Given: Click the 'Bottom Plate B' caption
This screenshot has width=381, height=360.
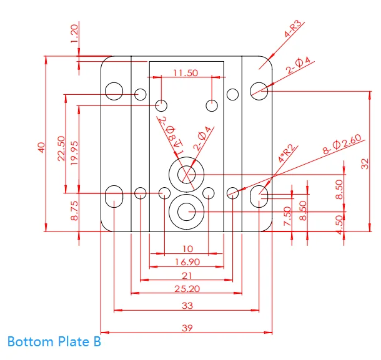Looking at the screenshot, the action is (54, 341).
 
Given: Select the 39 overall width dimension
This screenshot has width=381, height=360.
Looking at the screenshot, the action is (187, 328).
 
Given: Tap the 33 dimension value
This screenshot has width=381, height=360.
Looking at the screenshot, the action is (187, 306).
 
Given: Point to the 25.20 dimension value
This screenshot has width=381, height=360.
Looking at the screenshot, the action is (187, 289).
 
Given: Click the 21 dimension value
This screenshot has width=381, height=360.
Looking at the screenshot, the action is (187, 276).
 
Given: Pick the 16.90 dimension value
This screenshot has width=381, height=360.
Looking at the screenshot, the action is (187, 262).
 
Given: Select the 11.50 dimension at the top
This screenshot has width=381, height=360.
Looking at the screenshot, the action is (186, 73).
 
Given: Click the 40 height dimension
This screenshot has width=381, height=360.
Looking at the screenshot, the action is (41, 148).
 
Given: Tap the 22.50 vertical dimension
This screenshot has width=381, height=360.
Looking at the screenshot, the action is (61, 148).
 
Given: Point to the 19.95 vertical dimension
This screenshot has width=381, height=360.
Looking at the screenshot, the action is (74, 153).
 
